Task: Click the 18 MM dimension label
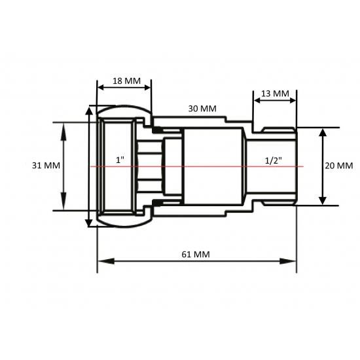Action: click(x=126, y=81)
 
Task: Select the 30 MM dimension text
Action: click(x=202, y=108)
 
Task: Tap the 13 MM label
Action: click(x=275, y=94)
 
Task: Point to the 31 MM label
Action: click(x=45, y=166)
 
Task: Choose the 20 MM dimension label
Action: click(x=338, y=166)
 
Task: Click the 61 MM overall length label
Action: click(x=196, y=253)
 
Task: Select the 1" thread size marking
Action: click(x=119, y=160)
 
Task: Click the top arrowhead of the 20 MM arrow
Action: click(x=322, y=132)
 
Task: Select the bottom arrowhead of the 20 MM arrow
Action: click(x=322, y=200)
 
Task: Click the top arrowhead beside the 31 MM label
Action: click(x=63, y=127)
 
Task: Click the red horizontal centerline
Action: click(x=209, y=166)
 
